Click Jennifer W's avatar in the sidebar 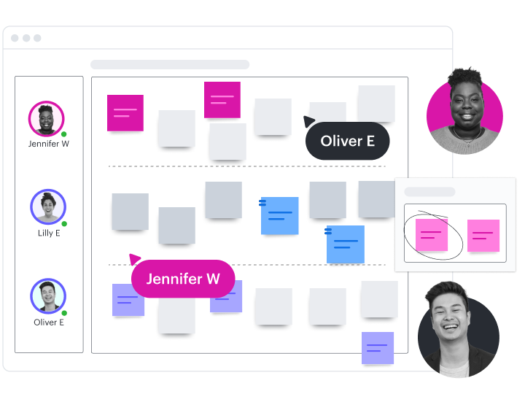(x=47, y=118)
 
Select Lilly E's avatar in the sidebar (x=48, y=207)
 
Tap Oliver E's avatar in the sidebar (x=48, y=296)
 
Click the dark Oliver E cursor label (x=347, y=141)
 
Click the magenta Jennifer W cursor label (x=183, y=279)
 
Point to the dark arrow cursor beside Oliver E (x=309, y=121)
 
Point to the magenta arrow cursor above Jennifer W (x=134, y=258)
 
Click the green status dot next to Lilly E (x=64, y=223)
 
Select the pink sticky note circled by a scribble (x=431, y=235)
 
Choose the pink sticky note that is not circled (x=483, y=236)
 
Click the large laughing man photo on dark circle (x=459, y=331)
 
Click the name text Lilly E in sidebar (x=49, y=233)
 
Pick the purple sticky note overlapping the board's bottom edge (x=378, y=348)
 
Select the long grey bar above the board (x=170, y=65)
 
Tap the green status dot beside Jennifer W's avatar (x=64, y=134)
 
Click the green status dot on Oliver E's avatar (x=64, y=312)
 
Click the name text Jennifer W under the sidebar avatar (x=49, y=144)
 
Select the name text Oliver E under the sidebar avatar (x=49, y=322)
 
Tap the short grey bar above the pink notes (x=429, y=192)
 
